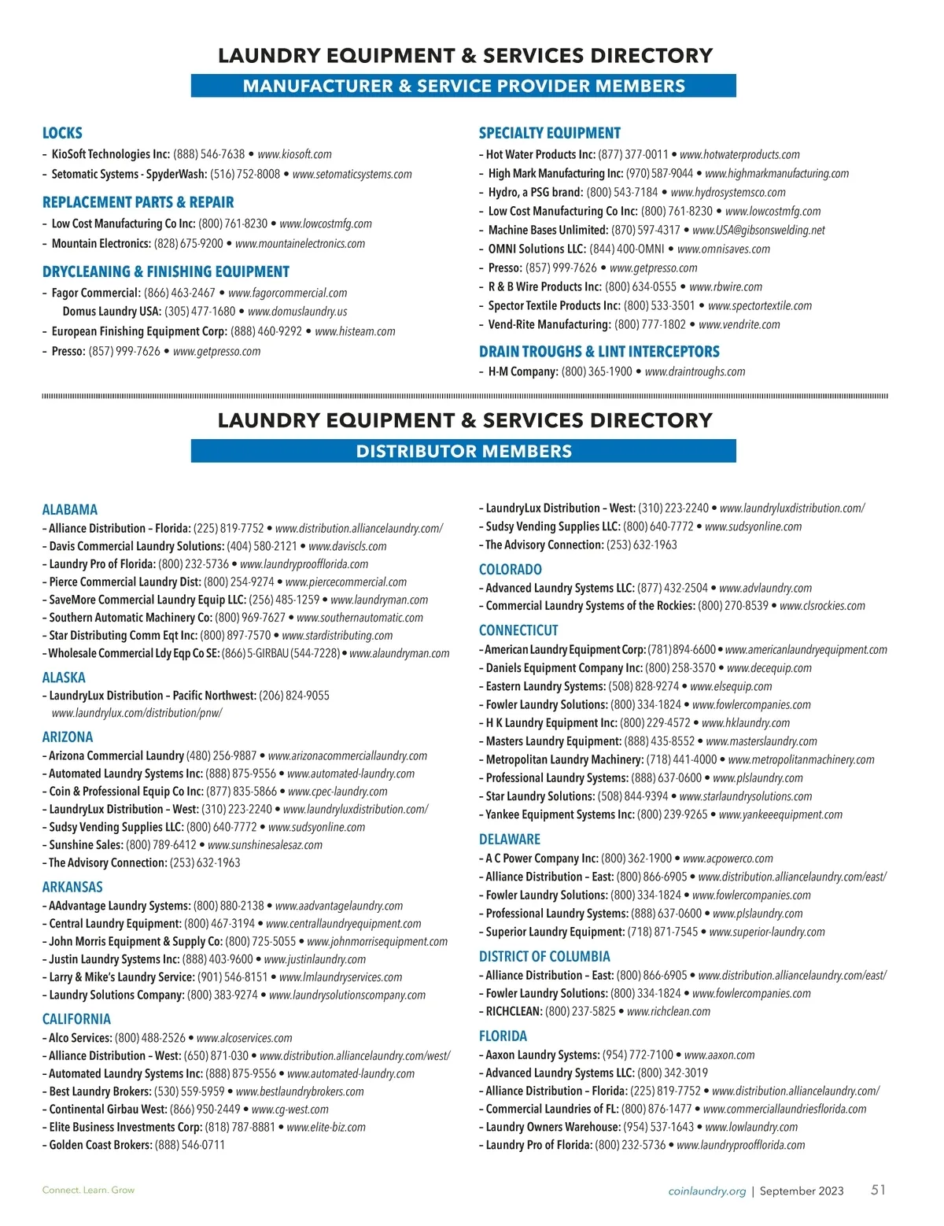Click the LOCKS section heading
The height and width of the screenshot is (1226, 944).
62,133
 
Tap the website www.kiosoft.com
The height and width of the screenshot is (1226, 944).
294,154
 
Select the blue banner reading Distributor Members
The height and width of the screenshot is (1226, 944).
463,451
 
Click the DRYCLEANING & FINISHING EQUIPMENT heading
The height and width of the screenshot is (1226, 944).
166,271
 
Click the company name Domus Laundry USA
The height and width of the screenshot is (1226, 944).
111,312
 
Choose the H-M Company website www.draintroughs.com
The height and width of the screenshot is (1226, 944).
695,371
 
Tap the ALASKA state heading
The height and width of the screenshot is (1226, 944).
64,678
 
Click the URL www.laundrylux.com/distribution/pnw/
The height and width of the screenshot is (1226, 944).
137,713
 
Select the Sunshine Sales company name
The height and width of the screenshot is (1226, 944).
86,845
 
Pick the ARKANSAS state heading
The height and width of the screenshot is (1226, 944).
72,887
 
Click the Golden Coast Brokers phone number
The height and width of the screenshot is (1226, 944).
190,1145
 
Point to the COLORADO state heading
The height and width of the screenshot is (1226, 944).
510,569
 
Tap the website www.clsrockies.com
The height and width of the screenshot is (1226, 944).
822,606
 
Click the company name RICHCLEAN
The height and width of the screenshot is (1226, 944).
513,1011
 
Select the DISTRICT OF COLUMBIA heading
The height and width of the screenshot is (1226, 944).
544,956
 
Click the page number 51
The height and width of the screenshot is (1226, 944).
878,1190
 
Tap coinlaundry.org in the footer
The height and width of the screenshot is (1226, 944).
706,1191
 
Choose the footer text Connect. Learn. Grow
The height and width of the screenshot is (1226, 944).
88,1190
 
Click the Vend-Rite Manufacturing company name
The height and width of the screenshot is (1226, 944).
549,324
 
